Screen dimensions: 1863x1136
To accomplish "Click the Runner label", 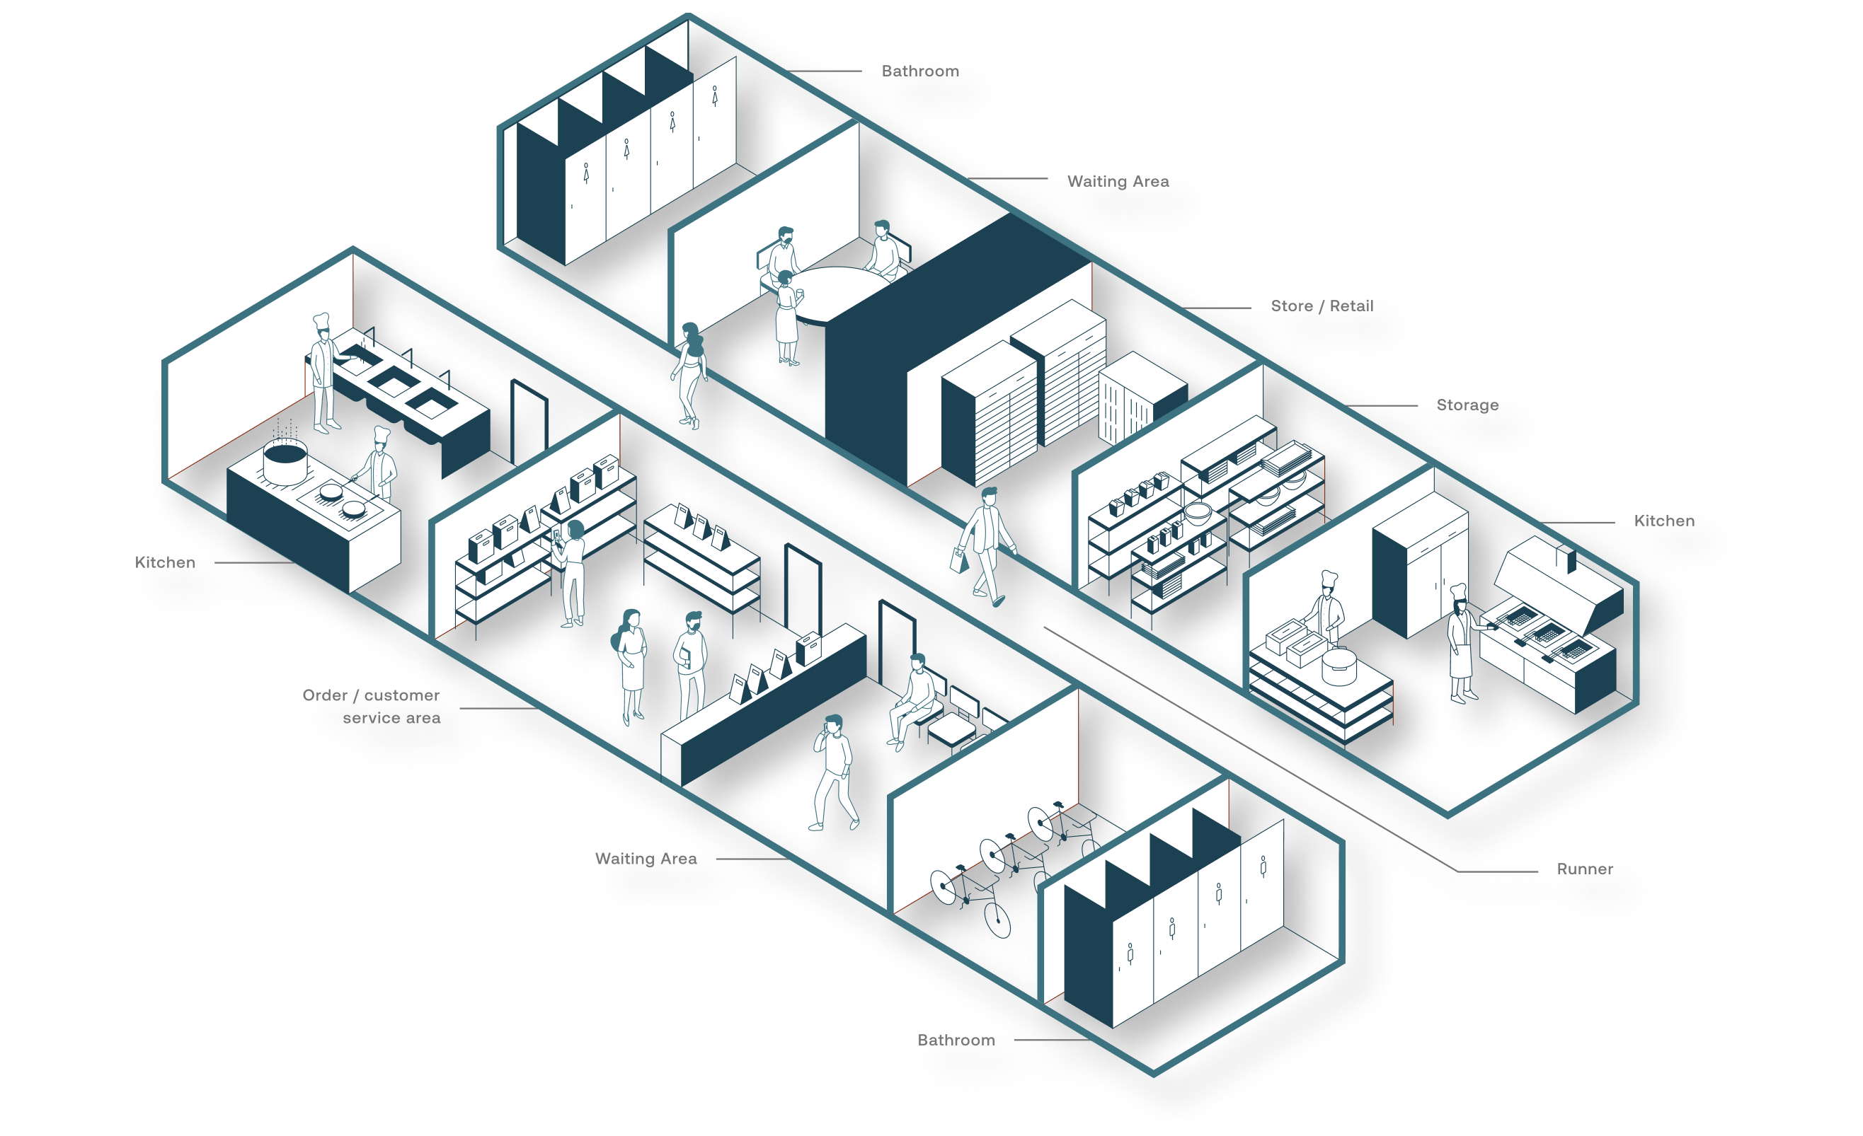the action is coord(1584,869).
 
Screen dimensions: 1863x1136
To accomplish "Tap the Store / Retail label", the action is coord(1322,306).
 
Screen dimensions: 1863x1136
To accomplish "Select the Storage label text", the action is coord(1467,405).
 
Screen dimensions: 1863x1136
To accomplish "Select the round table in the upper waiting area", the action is coord(839,291).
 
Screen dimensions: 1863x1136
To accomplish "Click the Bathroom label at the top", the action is coord(919,71).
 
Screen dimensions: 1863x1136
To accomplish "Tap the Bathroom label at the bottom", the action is coord(956,1040).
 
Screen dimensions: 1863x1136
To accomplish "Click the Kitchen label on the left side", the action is coord(165,562).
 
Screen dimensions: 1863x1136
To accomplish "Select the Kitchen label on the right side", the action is coord(1664,521).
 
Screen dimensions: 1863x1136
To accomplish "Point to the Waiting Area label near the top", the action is coord(1118,181).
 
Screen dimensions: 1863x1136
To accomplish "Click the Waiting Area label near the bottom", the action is coord(646,859).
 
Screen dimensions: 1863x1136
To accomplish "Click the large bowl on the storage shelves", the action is coord(1197,512).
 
